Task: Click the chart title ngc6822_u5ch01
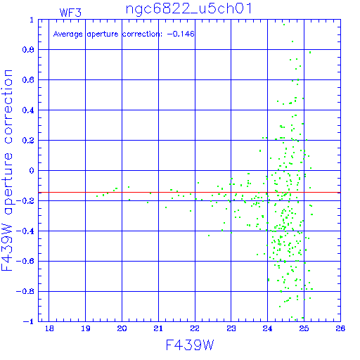189,9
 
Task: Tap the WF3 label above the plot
70,13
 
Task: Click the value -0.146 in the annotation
181,34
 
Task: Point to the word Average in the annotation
67,34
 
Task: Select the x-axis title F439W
190,345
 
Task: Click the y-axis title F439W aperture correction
7,170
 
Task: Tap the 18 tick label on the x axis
49,328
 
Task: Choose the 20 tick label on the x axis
122,328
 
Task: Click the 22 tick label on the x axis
195,328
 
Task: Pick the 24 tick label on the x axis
267,328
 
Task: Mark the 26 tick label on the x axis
340,328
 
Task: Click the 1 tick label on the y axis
32,20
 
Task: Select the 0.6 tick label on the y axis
28,80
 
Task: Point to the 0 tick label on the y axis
32,170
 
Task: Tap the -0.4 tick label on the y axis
25,231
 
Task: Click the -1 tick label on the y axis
29,321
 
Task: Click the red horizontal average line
189,193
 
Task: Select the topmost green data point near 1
284,25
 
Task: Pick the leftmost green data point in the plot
97,196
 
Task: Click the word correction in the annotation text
143,34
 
